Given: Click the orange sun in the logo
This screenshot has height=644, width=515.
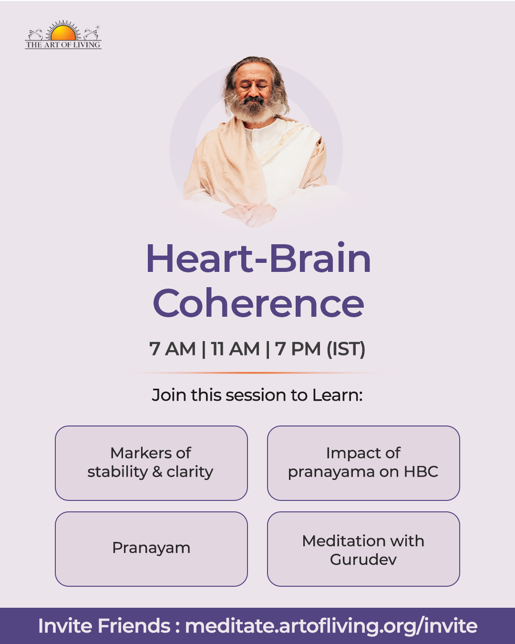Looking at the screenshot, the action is pyautogui.click(x=63, y=33).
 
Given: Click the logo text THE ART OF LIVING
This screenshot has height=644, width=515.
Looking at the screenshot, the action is pyautogui.click(x=63, y=45).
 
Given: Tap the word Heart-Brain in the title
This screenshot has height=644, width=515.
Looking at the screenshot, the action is pyautogui.click(x=258, y=259).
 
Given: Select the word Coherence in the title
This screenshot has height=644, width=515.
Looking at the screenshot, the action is pyautogui.click(x=258, y=303).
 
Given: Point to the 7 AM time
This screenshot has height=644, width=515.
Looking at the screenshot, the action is pyautogui.click(x=172, y=349).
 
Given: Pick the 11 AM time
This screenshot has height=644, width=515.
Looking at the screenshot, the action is pyautogui.click(x=235, y=349).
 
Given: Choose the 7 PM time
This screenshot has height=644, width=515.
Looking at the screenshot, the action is pyautogui.click(x=298, y=349).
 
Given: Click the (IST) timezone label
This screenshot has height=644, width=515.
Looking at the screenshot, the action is pyautogui.click(x=346, y=349).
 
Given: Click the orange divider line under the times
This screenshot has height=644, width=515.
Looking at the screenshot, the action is pyautogui.click(x=257, y=373).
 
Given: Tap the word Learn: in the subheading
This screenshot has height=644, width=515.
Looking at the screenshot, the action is pyautogui.click(x=338, y=395).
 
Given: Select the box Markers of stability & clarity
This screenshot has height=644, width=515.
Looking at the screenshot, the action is pyautogui.click(x=152, y=463).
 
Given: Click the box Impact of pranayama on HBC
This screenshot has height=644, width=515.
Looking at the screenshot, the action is pyautogui.click(x=363, y=463).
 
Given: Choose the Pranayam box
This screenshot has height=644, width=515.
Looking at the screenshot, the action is pyautogui.click(x=152, y=549).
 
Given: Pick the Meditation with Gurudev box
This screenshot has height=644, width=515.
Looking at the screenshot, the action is pyautogui.click(x=363, y=549).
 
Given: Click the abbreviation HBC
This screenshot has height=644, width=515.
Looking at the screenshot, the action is pyautogui.click(x=421, y=472).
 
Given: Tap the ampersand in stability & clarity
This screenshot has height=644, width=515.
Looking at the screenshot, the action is pyautogui.click(x=157, y=472).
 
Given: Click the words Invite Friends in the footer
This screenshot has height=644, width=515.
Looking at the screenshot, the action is pyautogui.click(x=104, y=626).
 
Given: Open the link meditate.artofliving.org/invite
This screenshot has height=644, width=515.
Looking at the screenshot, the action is pyautogui.click(x=331, y=626).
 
